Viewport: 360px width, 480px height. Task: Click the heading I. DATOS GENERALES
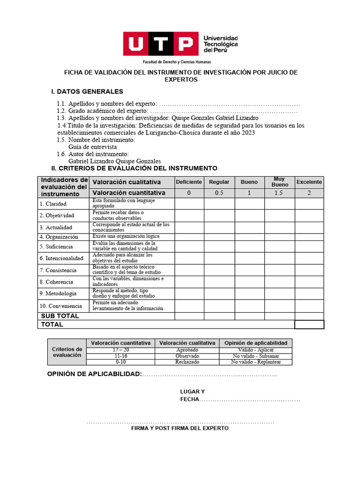pyautogui.click(x=87, y=91)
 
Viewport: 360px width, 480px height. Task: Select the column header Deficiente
pyautogui.click(x=189, y=182)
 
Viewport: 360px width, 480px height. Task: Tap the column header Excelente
pyautogui.click(x=309, y=182)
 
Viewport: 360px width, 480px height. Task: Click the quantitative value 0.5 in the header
pyautogui.click(x=219, y=193)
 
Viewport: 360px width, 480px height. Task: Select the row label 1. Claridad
pyautogui.click(x=53, y=204)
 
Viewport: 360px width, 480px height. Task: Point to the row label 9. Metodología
pyautogui.click(x=58, y=293)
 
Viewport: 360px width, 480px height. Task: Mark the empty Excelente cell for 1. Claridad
pyautogui.click(x=309, y=203)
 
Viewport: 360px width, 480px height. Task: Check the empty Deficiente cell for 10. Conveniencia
pyautogui.click(x=189, y=306)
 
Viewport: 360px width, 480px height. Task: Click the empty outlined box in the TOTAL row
pyautogui.click(x=309, y=324)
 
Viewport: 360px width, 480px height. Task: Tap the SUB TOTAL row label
pyautogui.click(x=60, y=316)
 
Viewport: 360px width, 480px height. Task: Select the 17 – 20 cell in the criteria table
pyautogui.click(x=120, y=350)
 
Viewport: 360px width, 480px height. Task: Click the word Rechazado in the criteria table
pyautogui.click(x=187, y=362)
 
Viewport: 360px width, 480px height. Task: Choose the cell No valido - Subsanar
pyautogui.click(x=255, y=356)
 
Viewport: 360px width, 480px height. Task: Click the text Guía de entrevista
pyautogui.click(x=92, y=147)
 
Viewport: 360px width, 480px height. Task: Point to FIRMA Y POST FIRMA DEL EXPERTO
pyautogui.click(x=180, y=428)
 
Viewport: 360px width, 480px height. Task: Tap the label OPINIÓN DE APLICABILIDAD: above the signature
pyautogui.click(x=94, y=374)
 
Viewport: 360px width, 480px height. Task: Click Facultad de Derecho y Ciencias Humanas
pyautogui.click(x=177, y=62)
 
